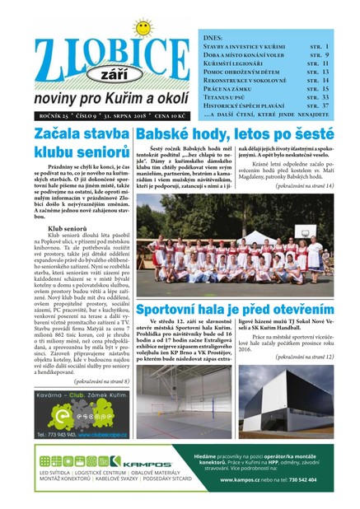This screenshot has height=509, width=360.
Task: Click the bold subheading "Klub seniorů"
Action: [68, 226]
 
